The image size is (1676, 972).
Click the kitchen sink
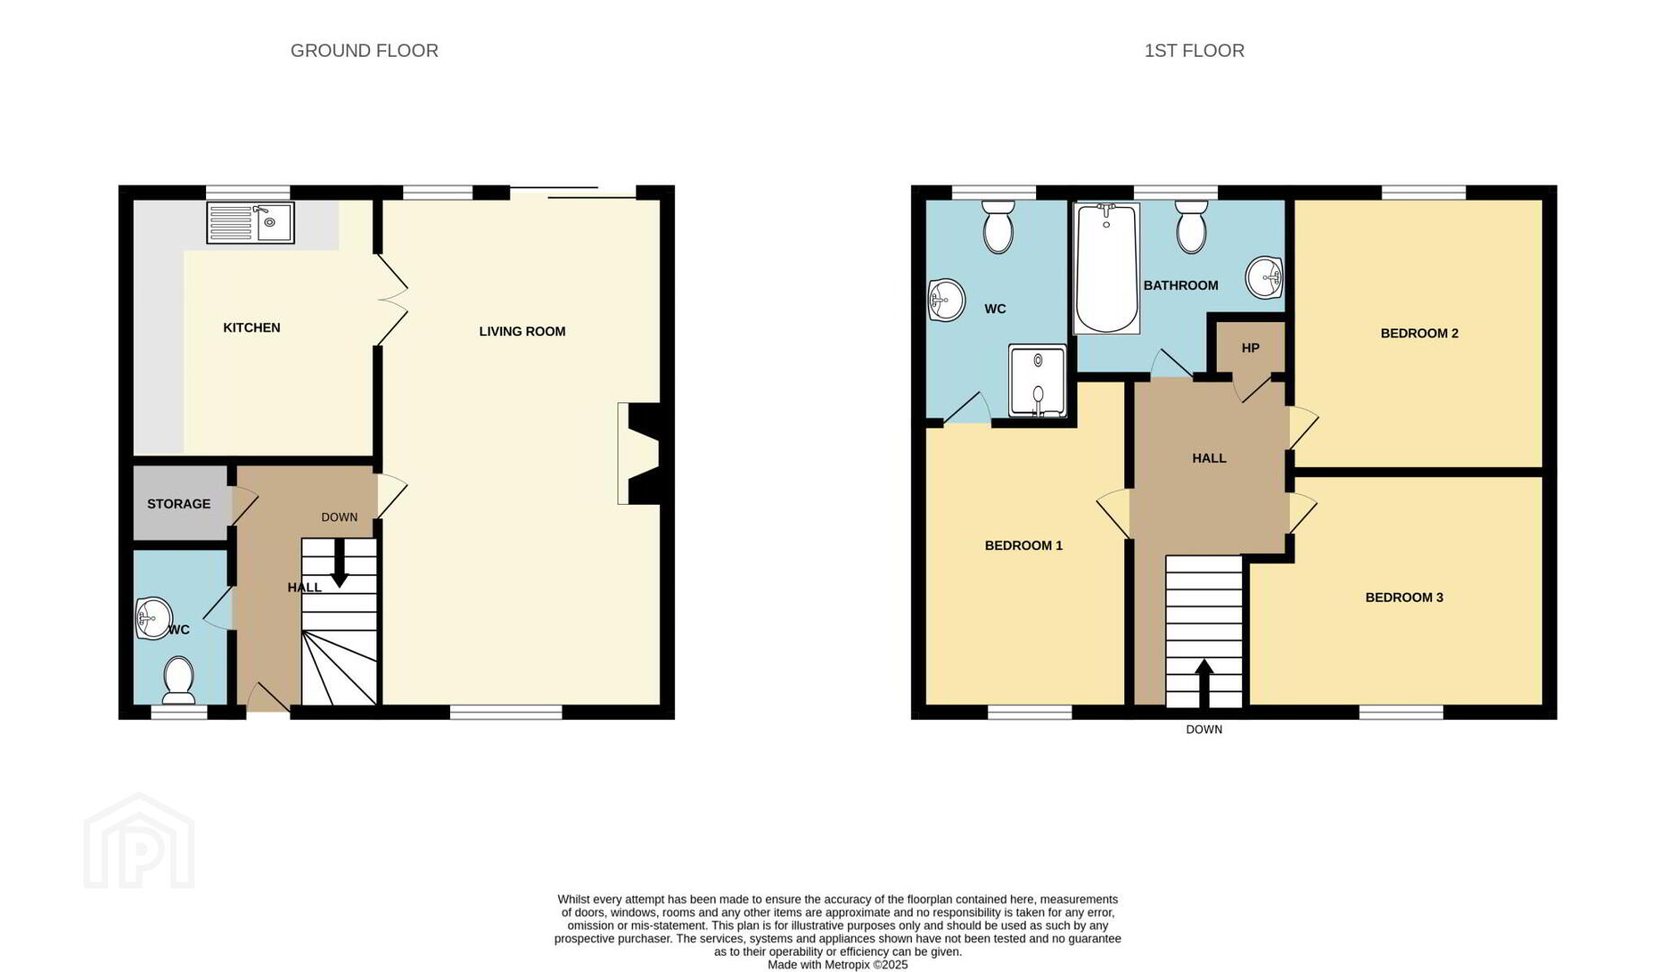tap(250, 222)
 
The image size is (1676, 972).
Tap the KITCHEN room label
tap(252, 328)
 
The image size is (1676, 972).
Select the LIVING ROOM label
tap(522, 331)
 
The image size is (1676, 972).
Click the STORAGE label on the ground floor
tap(179, 504)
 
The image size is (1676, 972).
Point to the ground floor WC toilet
tap(178, 681)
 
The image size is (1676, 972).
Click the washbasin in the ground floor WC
tap(153, 618)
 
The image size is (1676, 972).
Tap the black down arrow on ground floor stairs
tap(339, 563)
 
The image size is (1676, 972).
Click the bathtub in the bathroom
tap(1106, 268)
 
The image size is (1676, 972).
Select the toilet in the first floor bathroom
tap(1192, 227)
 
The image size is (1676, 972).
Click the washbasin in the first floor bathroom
tap(1265, 278)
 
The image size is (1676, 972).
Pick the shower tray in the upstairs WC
tap(1038, 381)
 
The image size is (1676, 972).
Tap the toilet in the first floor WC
tap(998, 227)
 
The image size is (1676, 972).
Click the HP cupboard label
tap(1250, 348)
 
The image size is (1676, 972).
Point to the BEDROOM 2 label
tap(1419, 333)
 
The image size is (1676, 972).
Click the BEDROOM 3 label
tap(1404, 598)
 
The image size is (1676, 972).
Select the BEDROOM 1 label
tap(1023, 545)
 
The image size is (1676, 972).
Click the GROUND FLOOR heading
tap(365, 51)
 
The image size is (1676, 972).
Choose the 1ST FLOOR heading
tap(1194, 51)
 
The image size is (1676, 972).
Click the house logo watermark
tap(140, 841)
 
